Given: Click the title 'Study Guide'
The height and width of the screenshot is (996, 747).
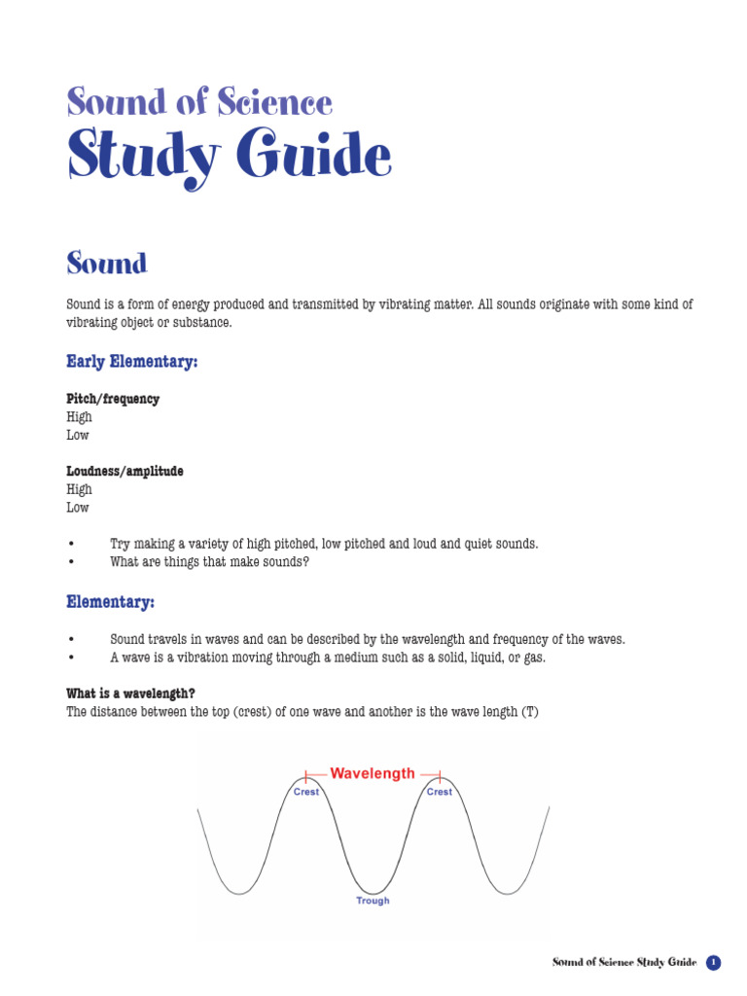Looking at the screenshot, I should click(229, 157).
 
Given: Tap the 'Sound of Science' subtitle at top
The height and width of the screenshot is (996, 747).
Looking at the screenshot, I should click(199, 101).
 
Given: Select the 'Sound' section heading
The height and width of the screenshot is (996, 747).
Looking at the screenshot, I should click(107, 263).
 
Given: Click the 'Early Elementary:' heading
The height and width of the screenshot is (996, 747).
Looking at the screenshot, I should click(131, 362).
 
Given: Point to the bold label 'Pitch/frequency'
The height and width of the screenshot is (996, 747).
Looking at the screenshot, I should click(113, 399).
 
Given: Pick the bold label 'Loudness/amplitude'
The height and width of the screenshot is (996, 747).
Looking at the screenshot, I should click(124, 471).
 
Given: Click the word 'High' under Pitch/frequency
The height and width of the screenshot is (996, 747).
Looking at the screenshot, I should click(79, 417).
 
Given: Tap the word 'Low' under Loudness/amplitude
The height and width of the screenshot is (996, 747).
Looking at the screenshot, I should click(78, 508).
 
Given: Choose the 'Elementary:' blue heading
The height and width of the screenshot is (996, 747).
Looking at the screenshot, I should click(110, 603).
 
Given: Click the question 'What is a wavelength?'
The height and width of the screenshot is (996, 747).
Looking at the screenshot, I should click(130, 694).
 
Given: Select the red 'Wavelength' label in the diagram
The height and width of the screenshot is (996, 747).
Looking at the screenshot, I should click(373, 774).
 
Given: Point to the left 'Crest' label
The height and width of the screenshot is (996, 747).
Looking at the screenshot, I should click(306, 792).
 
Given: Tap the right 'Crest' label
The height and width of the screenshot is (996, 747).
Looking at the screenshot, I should click(440, 792).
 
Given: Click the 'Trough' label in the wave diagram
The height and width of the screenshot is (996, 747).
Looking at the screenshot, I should click(373, 901).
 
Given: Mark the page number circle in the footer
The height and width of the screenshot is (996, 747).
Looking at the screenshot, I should click(714, 963).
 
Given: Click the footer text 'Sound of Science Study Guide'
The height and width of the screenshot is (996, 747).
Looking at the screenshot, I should click(624, 963).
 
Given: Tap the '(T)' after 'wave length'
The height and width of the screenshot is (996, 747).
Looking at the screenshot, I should click(529, 712).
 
